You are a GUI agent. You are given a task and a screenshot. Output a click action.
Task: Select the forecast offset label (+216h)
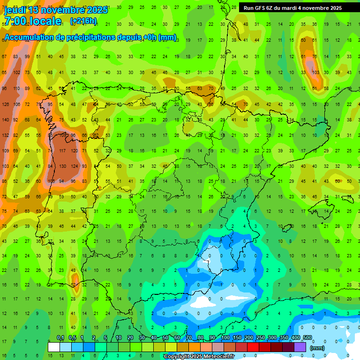point(83,21)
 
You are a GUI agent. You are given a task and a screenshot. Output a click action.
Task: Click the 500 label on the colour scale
point(307,338)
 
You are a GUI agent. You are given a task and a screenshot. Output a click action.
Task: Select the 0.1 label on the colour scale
point(60,338)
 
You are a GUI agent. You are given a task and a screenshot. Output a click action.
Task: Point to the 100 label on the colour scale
point(225,338)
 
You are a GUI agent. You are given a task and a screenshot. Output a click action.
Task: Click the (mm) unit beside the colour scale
point(317,348)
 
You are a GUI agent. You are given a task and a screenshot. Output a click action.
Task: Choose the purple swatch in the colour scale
point(300,347)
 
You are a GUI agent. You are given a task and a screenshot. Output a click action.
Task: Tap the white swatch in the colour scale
point(54,347)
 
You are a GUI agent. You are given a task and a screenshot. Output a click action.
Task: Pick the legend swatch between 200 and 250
point(254,347)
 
